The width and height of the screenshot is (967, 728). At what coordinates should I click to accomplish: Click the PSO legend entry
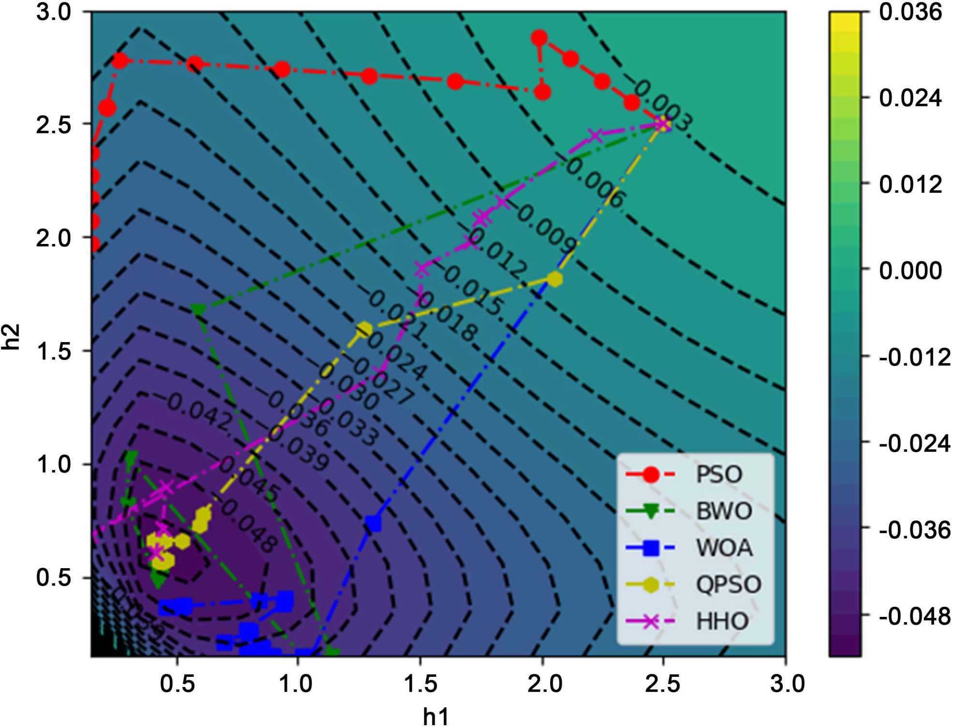click(x=718, y=474)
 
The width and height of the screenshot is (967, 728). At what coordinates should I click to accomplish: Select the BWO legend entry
click(x=723, y=511)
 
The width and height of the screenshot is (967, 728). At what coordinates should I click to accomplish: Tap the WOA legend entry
click(x=724, y=548)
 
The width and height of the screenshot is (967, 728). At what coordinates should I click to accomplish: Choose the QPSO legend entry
click(x=728, y=585)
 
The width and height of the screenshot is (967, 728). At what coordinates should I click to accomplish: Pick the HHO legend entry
click(x=722, y=621)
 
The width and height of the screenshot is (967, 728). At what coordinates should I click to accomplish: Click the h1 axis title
click(x=435, y=716)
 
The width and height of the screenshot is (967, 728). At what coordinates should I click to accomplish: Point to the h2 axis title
click(x=11, y=337)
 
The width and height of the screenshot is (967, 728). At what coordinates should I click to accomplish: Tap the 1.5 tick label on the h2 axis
click(x=54, y=351)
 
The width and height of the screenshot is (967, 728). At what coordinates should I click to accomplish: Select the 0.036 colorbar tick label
click(x=910, y=12)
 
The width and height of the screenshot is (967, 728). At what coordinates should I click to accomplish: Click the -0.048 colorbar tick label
click(x=914, y=616)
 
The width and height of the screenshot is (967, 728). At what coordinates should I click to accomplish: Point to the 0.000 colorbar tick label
click(x=910, y=270)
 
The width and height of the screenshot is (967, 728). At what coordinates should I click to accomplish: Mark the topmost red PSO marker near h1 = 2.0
click(x=539, y=38)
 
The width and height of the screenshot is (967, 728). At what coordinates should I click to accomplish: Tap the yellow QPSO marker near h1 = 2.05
click(x=555, y=279)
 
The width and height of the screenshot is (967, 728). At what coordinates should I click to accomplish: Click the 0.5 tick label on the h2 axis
click(x=54, y=578)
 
